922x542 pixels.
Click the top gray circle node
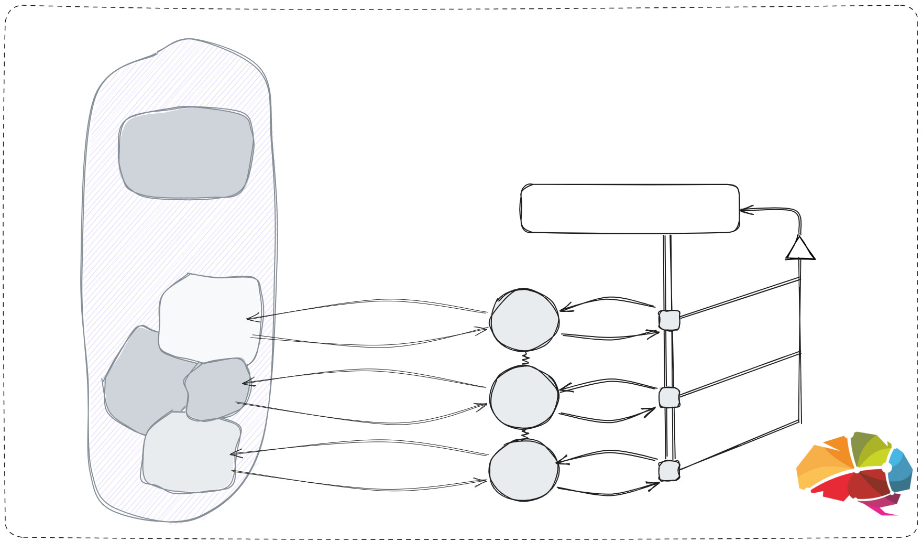pos(524,320)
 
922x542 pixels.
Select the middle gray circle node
pos(524,397)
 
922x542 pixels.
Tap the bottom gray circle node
pos(524,470)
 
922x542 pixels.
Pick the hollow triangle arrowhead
pos(800,249)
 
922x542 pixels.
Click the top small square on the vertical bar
pos(669,320)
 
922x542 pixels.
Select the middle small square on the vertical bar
pos(669,397)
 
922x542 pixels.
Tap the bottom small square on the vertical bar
pos(669,471)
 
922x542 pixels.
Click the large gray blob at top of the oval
pos(186,153)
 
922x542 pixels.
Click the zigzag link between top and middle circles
pos(525,360)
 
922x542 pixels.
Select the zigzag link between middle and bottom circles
pos(525,435)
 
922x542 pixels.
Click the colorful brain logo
pos(854,472)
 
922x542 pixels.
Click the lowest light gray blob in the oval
pos(189,453)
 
